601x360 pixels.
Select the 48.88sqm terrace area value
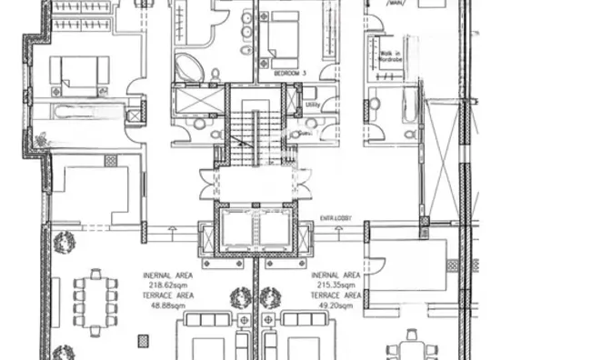pyautogui.click(x=166, y=306)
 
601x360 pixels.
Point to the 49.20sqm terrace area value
pyautogui.click(x=336, y=306)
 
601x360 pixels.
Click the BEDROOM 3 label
pyautogui.click(x=278, y=71)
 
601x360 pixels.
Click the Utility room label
pyautogui.click(x=311, y=104)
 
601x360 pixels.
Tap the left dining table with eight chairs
pyautogui.click(x=95, y=301)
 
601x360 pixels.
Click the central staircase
pyautogui.click(x=255, y=136)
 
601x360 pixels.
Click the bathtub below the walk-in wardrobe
pyautogui.click(x=409, y=107)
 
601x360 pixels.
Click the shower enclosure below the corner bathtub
pyautogui.click(x=196, y=99)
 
